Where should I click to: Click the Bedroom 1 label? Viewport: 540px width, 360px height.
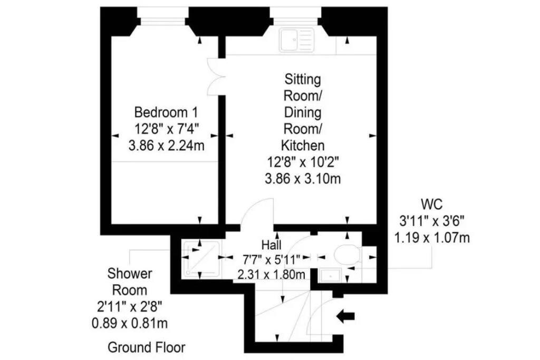166,113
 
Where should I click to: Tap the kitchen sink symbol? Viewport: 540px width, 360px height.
296,40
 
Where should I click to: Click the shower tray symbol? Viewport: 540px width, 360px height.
200,258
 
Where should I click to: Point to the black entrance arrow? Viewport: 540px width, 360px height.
345,316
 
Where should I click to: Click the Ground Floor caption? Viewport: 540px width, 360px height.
147,347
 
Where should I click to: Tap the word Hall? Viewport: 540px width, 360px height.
272,245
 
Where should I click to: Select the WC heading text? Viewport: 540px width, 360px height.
431,205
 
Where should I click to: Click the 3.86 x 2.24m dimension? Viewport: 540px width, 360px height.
166,145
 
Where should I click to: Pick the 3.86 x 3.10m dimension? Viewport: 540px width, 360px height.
303,179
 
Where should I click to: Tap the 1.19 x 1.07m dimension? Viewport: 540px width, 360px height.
432,238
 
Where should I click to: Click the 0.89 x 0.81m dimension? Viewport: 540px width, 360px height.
130,323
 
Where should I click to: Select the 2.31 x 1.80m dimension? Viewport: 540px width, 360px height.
272,274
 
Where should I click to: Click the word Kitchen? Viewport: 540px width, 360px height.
303,145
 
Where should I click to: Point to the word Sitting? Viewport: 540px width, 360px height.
303,80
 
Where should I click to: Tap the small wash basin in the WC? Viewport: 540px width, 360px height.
330,275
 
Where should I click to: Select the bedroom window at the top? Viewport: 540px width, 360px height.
163,21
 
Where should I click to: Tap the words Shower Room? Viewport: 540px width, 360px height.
130,282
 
